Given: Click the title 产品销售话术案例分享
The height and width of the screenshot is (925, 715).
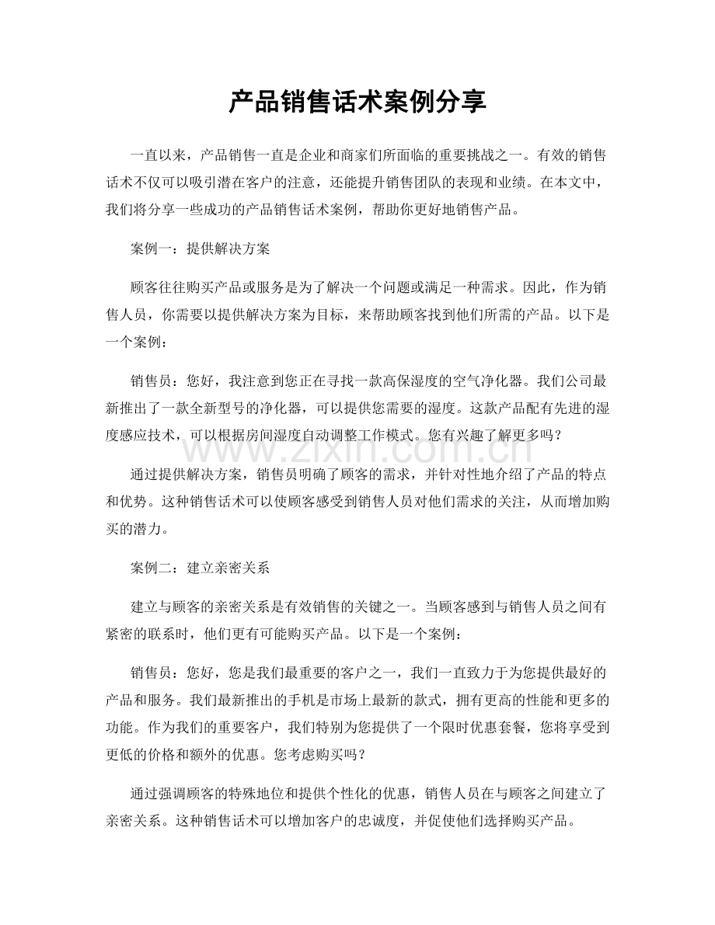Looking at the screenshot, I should pos(357,102).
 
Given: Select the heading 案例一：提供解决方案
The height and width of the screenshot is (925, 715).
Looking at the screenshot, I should pos(200,249).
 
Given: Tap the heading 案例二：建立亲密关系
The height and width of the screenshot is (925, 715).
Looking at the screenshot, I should pos(200,567).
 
